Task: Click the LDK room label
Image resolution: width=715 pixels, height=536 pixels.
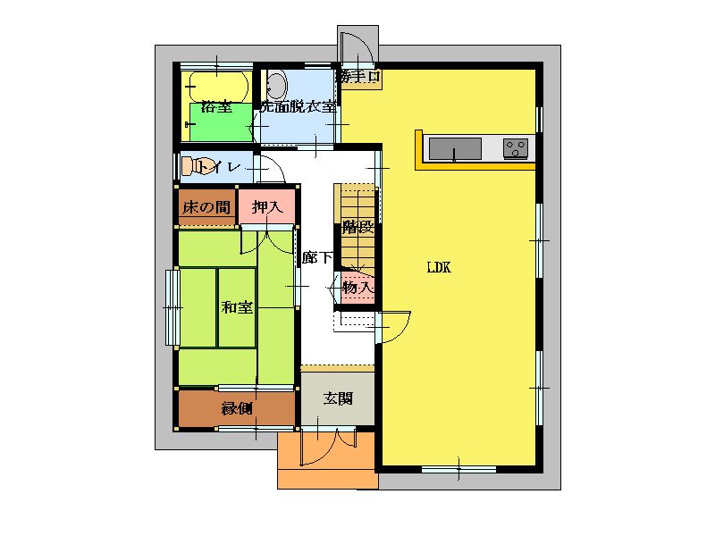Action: coord(439,267)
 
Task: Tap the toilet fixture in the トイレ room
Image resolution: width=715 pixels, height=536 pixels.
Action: coord(197,166)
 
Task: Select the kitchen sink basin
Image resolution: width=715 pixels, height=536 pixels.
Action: coord(455,148)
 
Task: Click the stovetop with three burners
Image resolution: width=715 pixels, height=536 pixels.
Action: coord(516,148)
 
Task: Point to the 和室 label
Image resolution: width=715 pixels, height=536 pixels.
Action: coord(237,307)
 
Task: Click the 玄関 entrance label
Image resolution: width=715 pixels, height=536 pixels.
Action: coord(338,398)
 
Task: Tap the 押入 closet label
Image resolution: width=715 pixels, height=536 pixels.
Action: coord(267,207)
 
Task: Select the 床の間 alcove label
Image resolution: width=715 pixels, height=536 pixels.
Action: coord(206,208)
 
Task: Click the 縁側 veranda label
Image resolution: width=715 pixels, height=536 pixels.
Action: coord(237,408)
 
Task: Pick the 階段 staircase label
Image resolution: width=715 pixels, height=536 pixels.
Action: coord(358,227)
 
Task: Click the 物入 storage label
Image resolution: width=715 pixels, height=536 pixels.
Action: coord(358,288)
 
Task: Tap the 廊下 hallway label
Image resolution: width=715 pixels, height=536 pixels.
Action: coord(317,257)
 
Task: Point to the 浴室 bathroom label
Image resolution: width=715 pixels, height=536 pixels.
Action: coord(216,107)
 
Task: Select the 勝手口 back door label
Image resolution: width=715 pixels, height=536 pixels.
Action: coord(358,76)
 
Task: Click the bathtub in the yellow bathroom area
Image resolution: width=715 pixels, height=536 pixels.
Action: coord(217,87)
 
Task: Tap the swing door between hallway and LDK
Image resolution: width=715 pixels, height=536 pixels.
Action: coord(393,327)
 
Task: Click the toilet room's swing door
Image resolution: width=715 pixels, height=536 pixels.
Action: coord(271,169)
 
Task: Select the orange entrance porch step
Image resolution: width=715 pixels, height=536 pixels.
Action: coord(327,460)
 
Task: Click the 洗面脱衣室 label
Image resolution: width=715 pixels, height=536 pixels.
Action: coord(299,107)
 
